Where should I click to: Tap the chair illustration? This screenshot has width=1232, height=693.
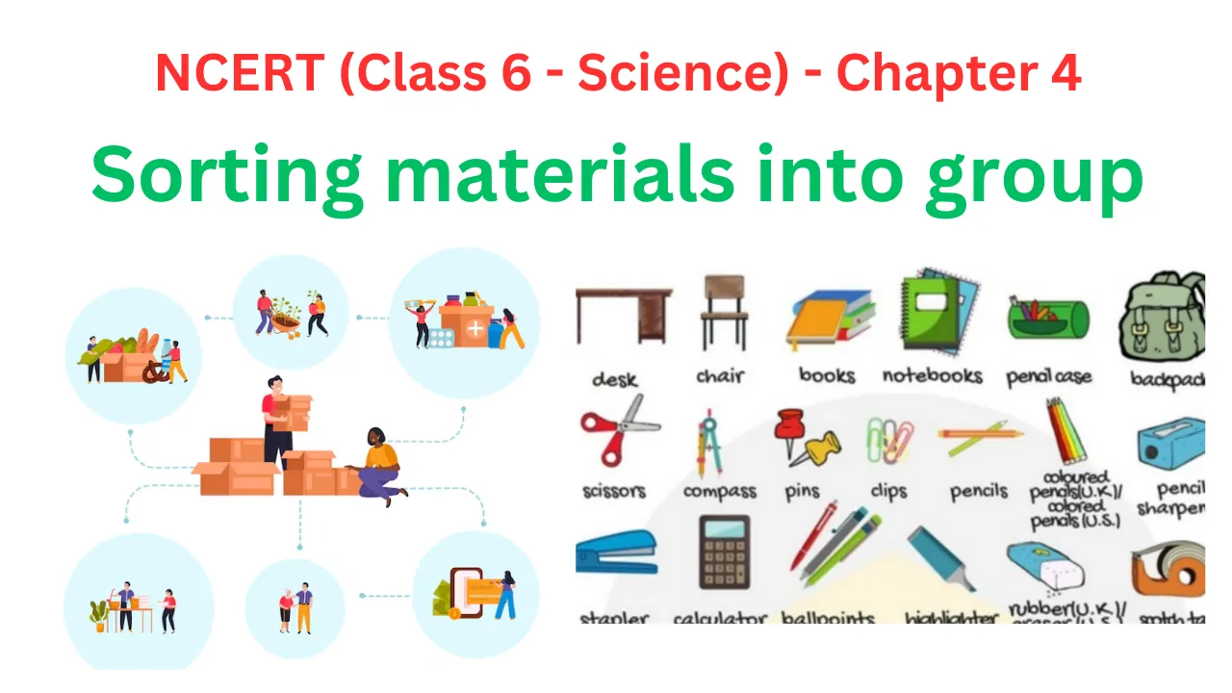(724, 313)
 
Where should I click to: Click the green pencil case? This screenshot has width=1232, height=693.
(1047, 319)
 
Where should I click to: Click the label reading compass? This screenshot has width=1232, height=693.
(719, 492)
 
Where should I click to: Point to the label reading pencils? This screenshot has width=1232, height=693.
(978, 492)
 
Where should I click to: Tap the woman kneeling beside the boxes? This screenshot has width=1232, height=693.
(381, 463)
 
